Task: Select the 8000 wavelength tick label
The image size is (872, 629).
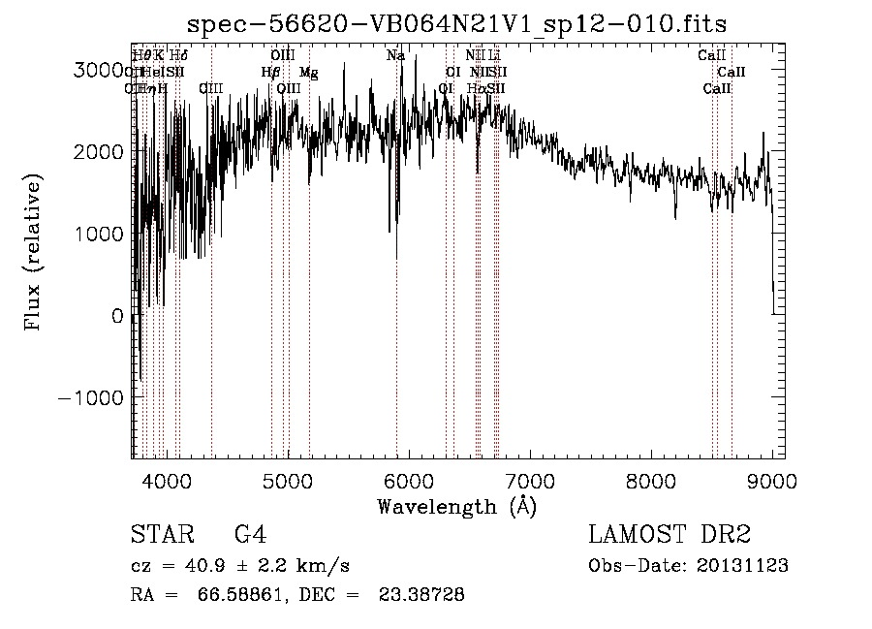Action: (651, 479)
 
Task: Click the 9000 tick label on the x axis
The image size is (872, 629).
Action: (772, 479)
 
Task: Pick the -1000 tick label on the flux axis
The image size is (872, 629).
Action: (93, 398)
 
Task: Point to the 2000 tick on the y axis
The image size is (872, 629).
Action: (103, 152)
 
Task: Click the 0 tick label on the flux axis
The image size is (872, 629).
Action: (117, 317)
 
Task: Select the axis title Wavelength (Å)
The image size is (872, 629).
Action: (456, 506)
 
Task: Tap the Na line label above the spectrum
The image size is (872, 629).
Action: (395, 56)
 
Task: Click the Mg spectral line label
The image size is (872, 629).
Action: (308, 73)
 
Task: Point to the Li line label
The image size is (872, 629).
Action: (494, 56)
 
